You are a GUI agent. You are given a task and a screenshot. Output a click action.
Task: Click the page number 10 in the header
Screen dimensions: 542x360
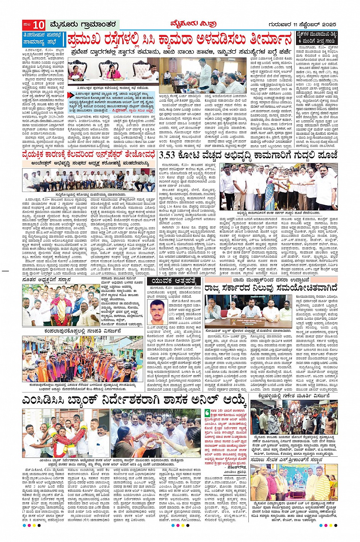38,25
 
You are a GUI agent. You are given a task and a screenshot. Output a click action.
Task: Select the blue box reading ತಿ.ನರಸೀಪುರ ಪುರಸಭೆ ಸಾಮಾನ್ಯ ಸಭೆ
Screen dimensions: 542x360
44,40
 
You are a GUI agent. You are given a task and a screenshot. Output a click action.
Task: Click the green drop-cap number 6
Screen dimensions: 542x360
207,412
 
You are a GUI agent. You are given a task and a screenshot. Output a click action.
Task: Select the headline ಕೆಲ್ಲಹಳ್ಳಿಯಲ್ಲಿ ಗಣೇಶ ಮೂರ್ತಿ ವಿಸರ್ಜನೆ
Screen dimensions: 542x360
294,396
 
